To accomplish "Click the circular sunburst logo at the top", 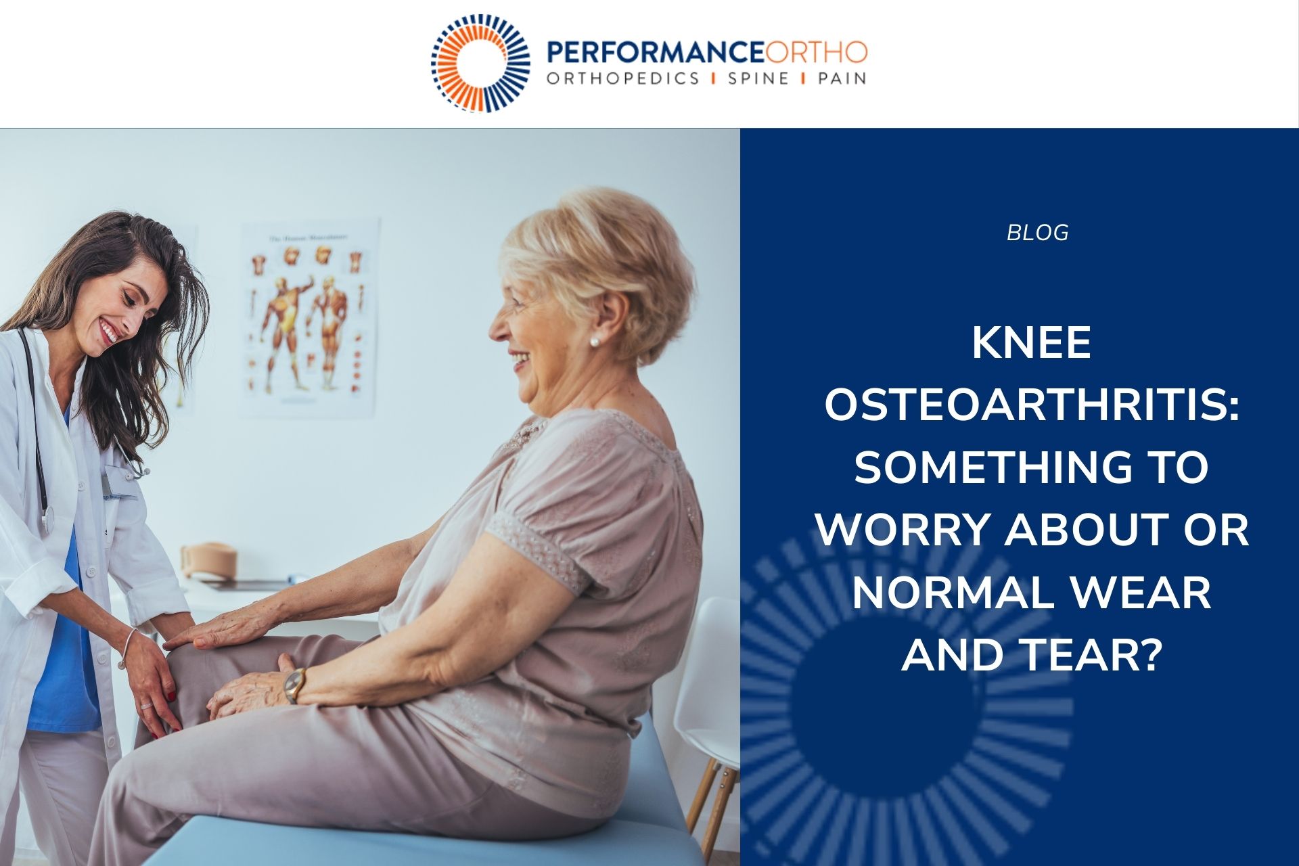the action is [x=480, y=63].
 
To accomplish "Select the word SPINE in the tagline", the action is [x=758, y=78].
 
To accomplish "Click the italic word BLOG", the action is [x=1037, y=233].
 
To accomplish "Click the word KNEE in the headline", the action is [x=1032, y=344].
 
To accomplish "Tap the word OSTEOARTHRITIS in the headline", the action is [x=1032, y=406].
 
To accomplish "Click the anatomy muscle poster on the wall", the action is [x=310, y=317].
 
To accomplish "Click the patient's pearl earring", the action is [x=595, y=342].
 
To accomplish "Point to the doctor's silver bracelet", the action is [x=127, y=648].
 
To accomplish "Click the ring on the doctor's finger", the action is [x=146, y=706].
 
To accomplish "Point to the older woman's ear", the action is [x=610, y=316].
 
